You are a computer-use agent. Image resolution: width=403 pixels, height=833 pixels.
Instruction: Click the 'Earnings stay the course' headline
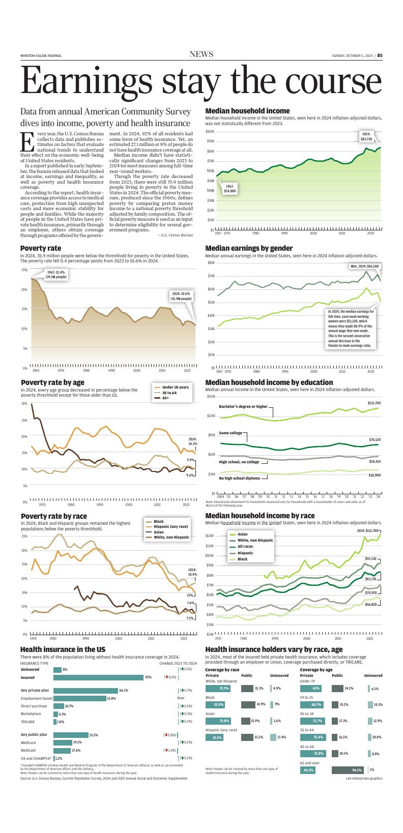tap(201, 81)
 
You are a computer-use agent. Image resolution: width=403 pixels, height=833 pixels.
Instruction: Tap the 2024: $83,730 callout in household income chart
tap(366, 136)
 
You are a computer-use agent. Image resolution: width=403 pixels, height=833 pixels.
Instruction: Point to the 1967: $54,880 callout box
tap(230, 189)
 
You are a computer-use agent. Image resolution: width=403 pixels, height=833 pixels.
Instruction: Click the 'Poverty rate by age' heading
tap(52, 382)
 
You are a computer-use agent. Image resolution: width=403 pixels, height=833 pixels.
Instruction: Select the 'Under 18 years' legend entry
tap(175, 388)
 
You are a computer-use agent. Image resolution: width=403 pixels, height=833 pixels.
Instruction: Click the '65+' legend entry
tap(165, 398)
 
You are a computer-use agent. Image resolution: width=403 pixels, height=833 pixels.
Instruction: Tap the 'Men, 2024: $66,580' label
tap(365, 266)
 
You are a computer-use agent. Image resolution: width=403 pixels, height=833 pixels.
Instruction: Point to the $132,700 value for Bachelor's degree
tap(374, 403)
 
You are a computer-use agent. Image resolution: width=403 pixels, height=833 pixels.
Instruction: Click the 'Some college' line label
tap(231, 433)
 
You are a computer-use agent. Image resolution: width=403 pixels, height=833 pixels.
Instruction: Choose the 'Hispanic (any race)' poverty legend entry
tap(170, 526)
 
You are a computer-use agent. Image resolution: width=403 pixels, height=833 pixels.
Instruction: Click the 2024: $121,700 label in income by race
tap(367, 530)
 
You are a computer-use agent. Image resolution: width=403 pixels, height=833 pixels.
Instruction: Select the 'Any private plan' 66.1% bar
tap(85, 691)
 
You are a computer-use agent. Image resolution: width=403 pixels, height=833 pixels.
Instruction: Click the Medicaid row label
tap(28, 750)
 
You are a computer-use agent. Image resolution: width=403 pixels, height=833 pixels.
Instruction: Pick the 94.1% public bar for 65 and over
tap(347, 770)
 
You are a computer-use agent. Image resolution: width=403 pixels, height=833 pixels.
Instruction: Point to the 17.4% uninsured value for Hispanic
tap(281, 737)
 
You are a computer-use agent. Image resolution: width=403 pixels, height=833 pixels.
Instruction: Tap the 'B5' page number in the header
tap(380, 56)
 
